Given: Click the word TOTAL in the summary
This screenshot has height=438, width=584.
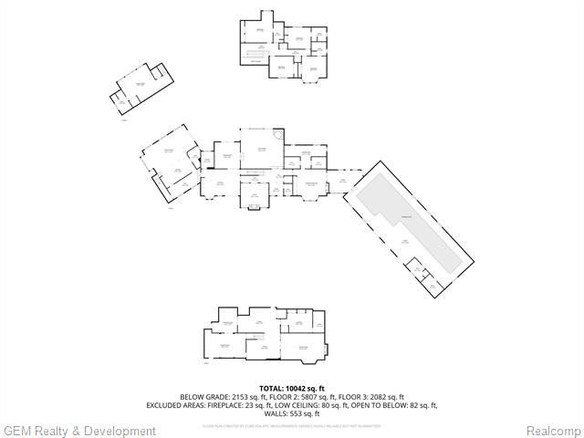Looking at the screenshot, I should pyautogui.click(x=273, y=389).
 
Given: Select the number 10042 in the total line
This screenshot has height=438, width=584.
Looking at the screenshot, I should pyautogui.click(x=299, y=389).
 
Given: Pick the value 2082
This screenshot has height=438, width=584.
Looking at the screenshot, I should pyautogui.click(x=377, y=397).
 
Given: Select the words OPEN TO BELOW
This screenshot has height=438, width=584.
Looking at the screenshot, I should pyautogui.click(x=387, y=405).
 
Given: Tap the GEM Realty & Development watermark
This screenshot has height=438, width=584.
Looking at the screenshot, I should pyautogui.click(x=79, y=431).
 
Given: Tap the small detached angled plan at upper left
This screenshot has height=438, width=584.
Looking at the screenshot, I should pyautogui.click(x=139, y=89).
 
